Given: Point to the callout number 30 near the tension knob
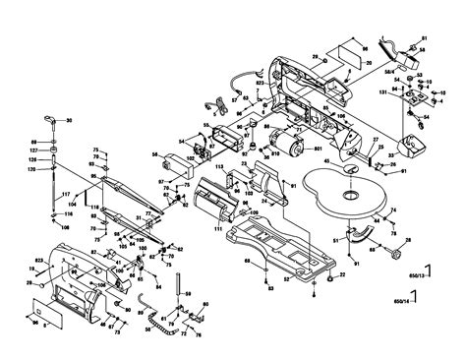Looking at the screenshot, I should point(70,120).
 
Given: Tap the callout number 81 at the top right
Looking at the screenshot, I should point(426,38).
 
